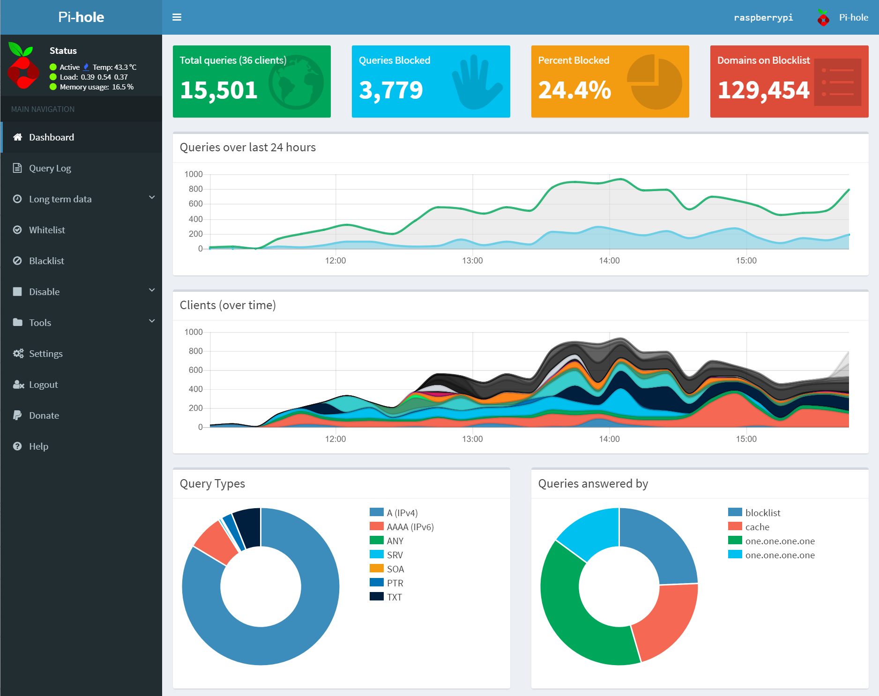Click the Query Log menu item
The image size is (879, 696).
tap(50, 168)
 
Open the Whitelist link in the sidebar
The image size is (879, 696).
tap(47, 230)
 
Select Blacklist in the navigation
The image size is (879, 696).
tap(46, 261)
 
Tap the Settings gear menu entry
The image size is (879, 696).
tap(45, 354)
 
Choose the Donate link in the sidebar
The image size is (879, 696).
tap(44, 415)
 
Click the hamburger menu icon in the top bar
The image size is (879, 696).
tap(177, 17)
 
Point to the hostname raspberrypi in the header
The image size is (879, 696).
tap(763, 17)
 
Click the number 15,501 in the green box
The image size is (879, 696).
tap(218, 90)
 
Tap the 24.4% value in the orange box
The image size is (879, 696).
tap(574, 90)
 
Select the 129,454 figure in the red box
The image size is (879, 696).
tap(763, 90)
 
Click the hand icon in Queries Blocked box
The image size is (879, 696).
tap(476, 82)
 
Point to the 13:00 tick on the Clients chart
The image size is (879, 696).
tap(472, 439)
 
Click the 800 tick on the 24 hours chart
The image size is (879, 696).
tap(195, 189)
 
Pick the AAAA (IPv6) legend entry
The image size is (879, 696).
tap(410, 527)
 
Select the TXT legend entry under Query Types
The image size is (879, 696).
tap(394, 597)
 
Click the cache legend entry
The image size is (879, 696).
tap(757, 527)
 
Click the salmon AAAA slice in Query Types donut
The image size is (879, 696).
tap(216, 542)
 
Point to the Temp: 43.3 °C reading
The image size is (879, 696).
tap(114, 67)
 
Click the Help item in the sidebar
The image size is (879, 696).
tap(38, 446)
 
